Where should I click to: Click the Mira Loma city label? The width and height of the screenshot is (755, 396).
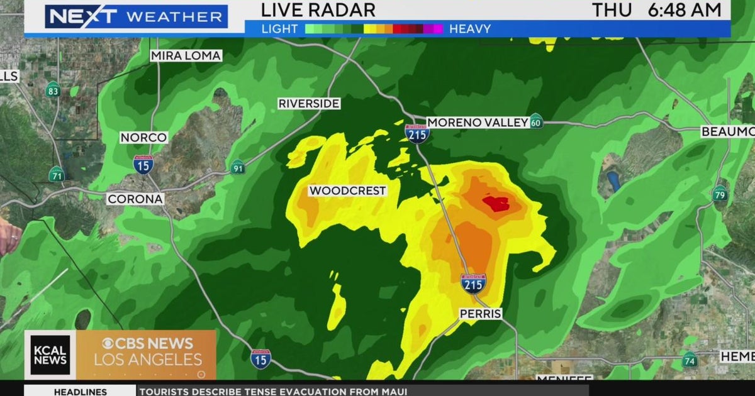pos(186,56)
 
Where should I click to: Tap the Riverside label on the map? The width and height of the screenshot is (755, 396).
pos(309,104)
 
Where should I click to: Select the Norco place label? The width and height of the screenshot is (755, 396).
pos(144,138)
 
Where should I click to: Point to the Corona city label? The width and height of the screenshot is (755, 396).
pos(135,199)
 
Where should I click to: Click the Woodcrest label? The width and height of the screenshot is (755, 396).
pos(347,191)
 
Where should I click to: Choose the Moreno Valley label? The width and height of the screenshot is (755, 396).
pos(478,123)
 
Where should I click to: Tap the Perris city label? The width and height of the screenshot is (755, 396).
pos(480,313)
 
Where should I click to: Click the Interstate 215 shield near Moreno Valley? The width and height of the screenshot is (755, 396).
pos(417,133)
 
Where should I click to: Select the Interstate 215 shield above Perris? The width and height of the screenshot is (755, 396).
pos(473,284)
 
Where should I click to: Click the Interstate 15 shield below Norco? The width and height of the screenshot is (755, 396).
pos(143,165)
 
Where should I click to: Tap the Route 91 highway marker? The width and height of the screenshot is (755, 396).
pos(237,167)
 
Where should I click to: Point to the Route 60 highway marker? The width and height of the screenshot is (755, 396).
pos(536,121)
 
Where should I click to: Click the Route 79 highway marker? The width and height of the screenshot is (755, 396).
pos(720,194)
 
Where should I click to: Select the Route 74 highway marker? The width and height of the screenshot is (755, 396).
pos(690,360)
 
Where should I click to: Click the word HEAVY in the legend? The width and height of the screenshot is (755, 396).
pos(470,28)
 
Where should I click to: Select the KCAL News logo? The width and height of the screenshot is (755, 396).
pos(50,355)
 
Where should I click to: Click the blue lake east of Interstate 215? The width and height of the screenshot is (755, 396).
pos(613,182)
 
